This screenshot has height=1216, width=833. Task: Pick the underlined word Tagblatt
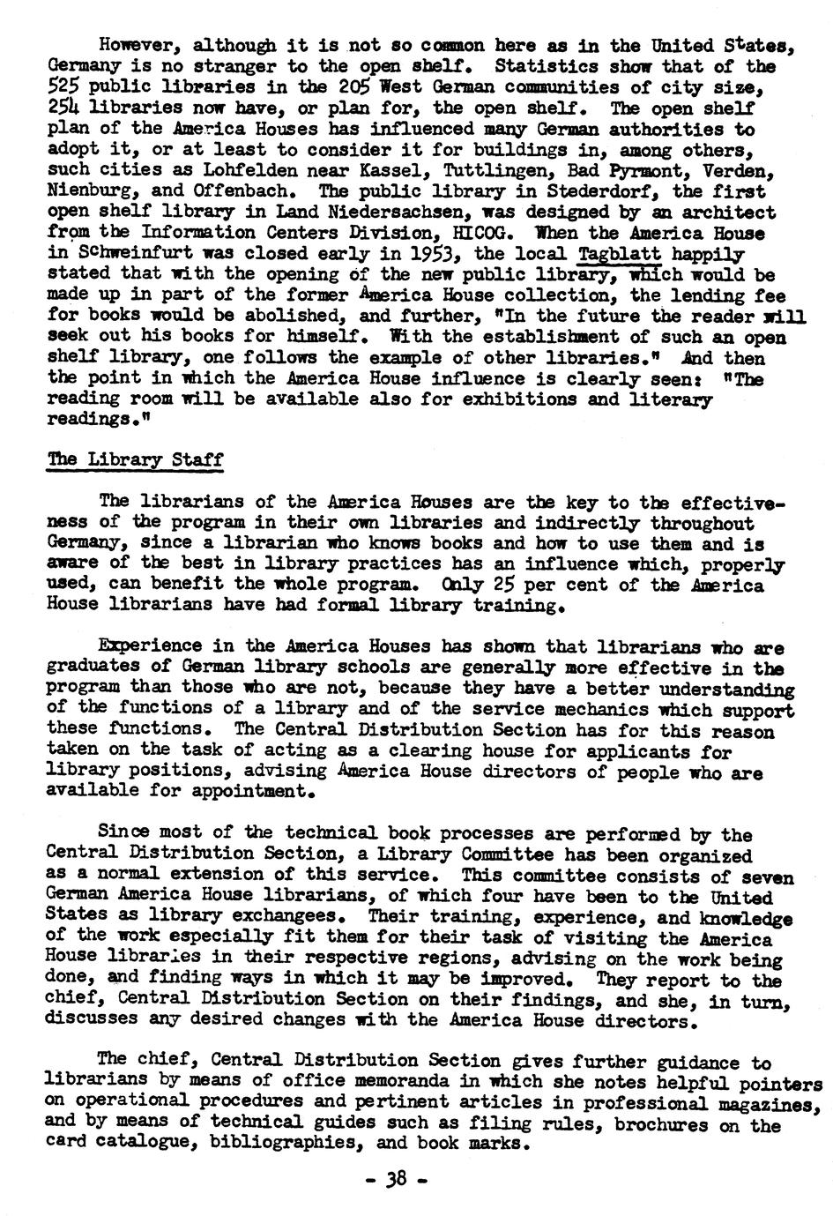click(620, 254)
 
